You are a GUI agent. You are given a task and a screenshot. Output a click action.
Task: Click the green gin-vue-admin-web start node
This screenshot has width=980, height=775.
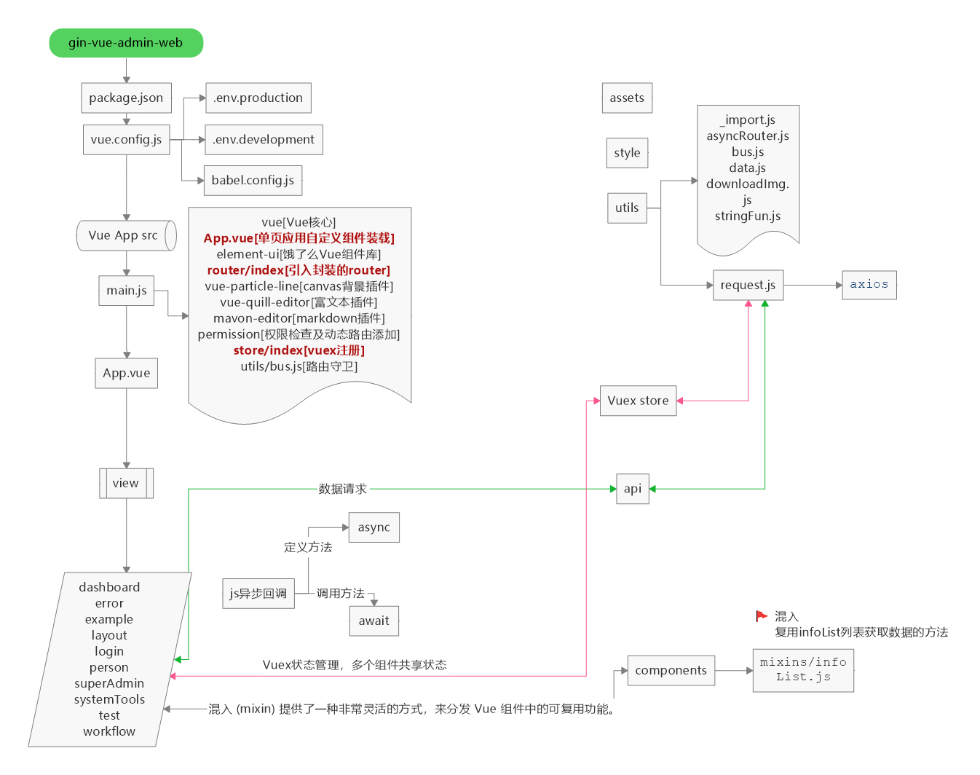tap(126, 43)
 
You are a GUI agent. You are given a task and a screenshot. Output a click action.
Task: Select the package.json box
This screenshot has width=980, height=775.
tap(126, 98)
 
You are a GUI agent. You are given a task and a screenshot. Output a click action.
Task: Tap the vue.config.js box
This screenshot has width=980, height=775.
tap(126, 140)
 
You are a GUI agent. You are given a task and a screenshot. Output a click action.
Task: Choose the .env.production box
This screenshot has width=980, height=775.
tap(258, 98)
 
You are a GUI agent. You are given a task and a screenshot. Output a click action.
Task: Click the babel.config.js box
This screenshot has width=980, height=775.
tap(252, 181)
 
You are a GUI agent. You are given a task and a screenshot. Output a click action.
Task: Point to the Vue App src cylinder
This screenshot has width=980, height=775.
tap(125, 236)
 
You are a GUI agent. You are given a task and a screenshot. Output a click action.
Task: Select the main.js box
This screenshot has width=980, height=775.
tap(126, 291)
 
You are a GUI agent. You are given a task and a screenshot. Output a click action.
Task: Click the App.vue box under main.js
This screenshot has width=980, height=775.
tap(126, 374)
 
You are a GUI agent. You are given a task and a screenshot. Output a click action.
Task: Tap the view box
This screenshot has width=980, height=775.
tap(126, 484)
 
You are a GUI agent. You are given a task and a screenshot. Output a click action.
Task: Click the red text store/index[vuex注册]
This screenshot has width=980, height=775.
tap(299, 350)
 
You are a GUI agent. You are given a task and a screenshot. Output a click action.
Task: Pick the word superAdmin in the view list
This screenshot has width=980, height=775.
tap(109, 683)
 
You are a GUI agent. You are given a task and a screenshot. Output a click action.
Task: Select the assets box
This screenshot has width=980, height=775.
tap(626, 98)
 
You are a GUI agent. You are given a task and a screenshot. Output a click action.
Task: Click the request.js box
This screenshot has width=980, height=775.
tap(748, 286)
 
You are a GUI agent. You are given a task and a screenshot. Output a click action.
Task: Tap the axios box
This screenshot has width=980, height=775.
tap(869, 285)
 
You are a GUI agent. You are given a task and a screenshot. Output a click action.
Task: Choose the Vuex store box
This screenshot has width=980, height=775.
tap(638, 401)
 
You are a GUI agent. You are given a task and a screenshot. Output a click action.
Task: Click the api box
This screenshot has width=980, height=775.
tap(632, 489)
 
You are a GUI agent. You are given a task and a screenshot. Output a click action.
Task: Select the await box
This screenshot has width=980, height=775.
tap(374, 621)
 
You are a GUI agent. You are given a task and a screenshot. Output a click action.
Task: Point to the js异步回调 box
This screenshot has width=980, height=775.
tap(258, 594)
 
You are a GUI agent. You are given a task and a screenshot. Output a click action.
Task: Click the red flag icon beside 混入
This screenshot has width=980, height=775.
tap(762, 616)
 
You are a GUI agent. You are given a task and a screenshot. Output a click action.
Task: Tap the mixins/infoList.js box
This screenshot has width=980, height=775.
tap(802, 670)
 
